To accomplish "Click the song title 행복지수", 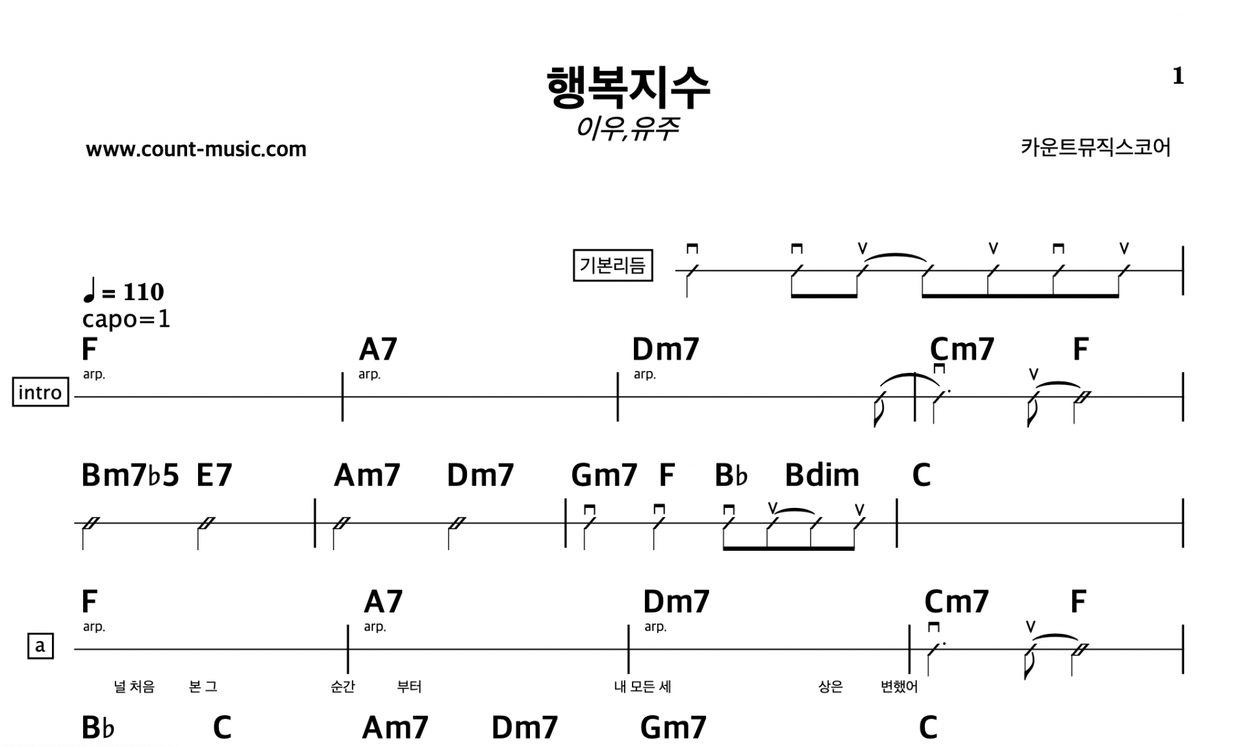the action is [x=628, y=88].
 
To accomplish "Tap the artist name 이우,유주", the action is [x=627, y=128].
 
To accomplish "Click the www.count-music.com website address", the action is [x=195, y=149].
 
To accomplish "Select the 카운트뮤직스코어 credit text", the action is [x=1095, y=147].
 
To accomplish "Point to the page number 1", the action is [x=1178, y=77].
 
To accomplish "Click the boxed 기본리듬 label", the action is [x=612, y=266].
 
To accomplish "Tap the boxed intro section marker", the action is [x=40, y=392].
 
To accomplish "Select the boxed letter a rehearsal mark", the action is [x=40, y=646].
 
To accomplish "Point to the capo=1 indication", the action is [x=126, y=319].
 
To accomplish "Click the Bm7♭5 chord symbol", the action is [x=130, y=475].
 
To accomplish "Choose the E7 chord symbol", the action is [x=214, y=475].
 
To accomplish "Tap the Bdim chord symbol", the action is [x=822, y=475].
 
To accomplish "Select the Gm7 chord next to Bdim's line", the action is [x=604, y=475].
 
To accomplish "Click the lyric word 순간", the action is [x=343, y=687].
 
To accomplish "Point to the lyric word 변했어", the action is [x=899, y=687].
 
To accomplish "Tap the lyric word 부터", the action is [x=409, y=687].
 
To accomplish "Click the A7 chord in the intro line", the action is [x=377, y=349].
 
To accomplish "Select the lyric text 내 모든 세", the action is [x=642, y=687].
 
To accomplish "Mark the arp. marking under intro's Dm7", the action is [x=644, y=375].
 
